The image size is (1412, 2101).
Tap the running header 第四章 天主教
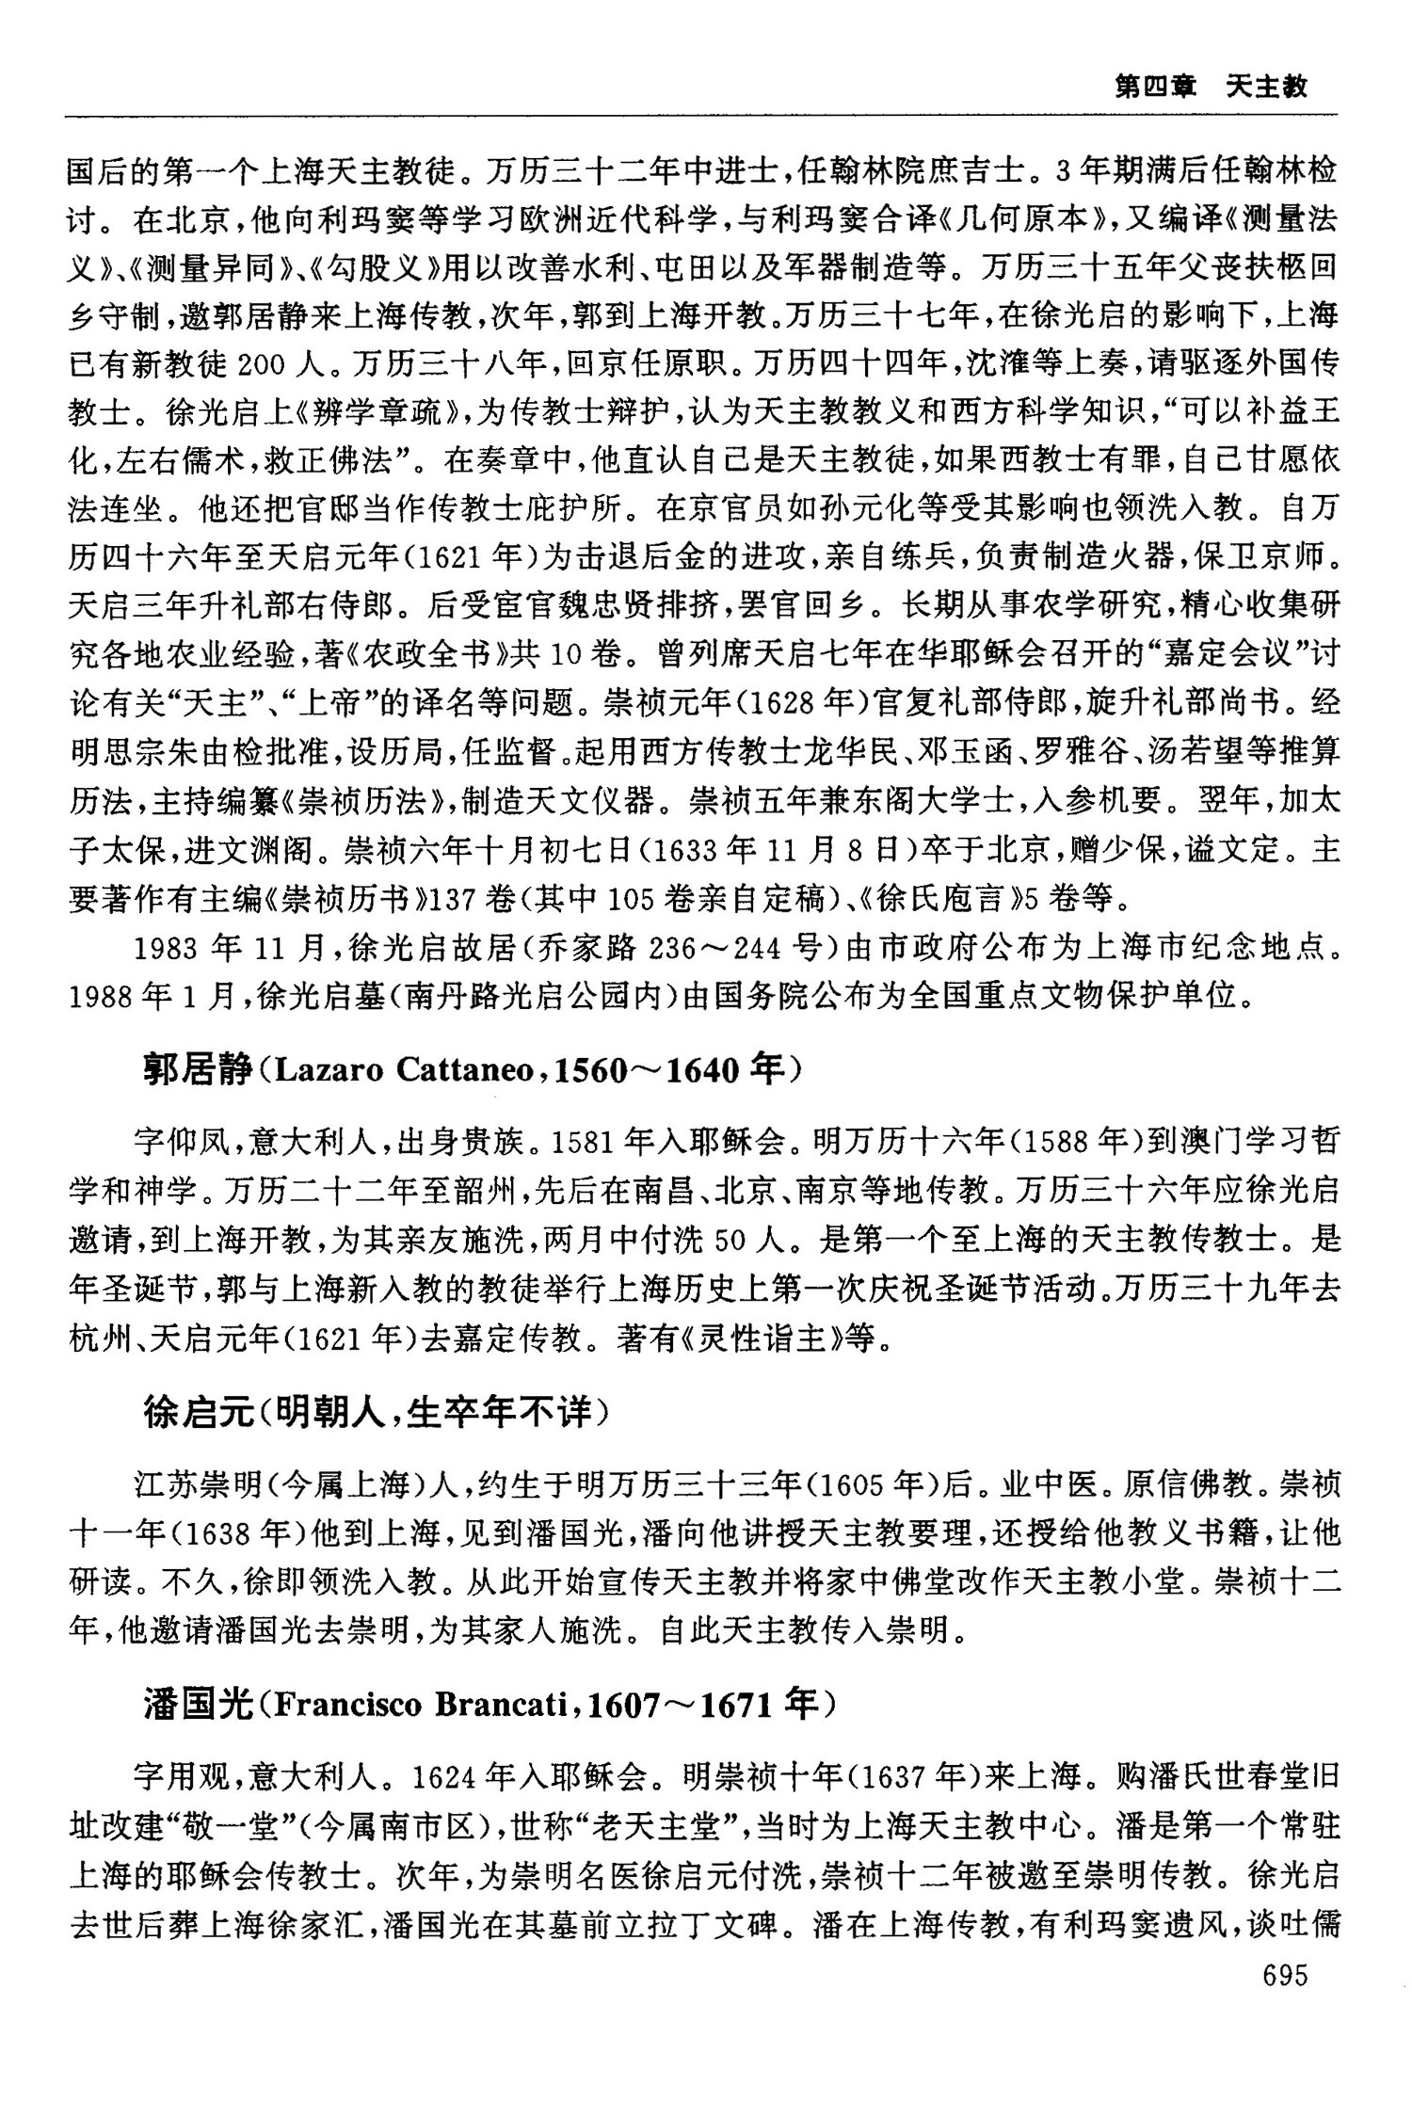coord(1211,88)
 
